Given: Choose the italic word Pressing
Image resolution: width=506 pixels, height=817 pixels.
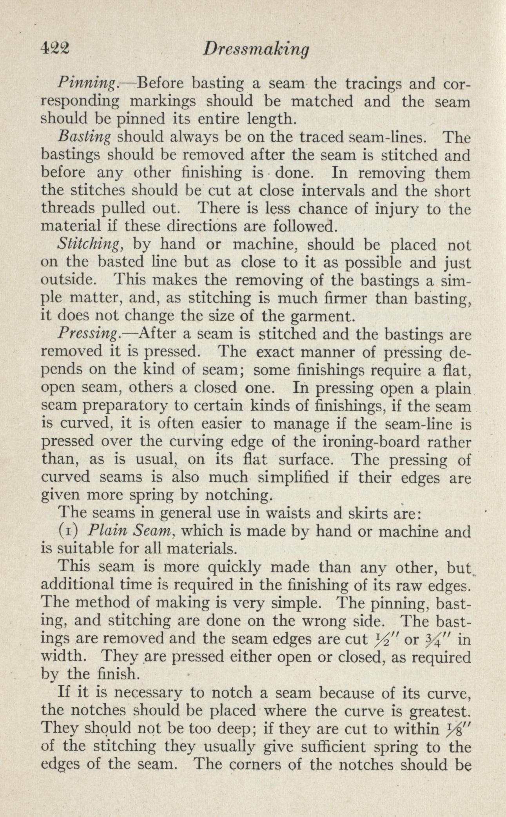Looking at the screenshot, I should [x=88, y=334].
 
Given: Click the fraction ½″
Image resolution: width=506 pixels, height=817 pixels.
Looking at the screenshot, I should [x=377, y=639].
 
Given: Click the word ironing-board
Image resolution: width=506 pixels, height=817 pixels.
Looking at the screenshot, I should [x=366, y=442].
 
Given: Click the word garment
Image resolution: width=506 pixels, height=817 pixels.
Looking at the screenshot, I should [x=317, y=316].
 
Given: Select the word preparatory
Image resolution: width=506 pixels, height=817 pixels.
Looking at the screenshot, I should [x=132, y=407].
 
